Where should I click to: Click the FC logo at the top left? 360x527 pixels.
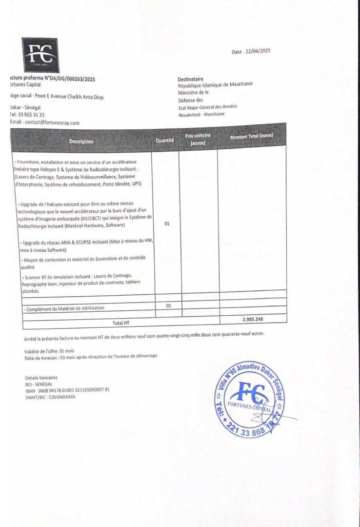point(40,55)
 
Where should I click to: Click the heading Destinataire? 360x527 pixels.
point(191,79)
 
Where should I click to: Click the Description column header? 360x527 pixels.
point(81,142)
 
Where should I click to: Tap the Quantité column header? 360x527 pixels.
point(164,140)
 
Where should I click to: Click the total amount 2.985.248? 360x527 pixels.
point(256,319)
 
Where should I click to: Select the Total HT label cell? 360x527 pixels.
point(121,323)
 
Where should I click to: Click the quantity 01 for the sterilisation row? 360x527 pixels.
point(169,306)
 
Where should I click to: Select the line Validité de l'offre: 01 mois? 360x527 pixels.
point(49,351)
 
